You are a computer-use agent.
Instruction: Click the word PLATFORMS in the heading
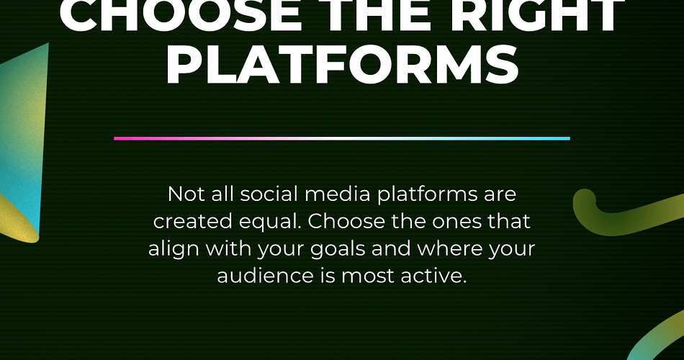pos(342,66)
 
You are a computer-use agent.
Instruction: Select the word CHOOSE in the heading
pos(181,15)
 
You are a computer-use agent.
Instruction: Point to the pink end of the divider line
pos(114,138)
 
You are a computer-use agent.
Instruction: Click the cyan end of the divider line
pos(569,138)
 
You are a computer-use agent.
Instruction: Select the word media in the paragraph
pos(337,194)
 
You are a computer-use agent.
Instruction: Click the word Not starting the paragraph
pos(186,194)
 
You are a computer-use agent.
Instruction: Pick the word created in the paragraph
pos(193,221)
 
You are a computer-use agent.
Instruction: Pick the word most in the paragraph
pos(368,276)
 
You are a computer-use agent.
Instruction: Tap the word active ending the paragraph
pos(433,275)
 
